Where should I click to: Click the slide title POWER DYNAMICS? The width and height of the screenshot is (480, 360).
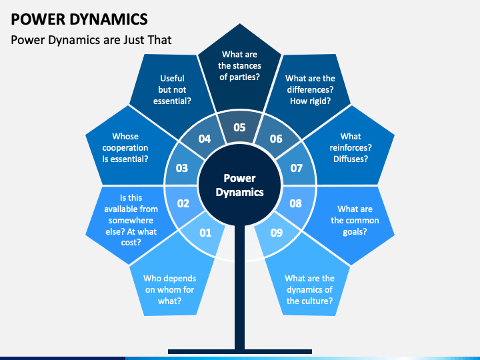coord(79,19)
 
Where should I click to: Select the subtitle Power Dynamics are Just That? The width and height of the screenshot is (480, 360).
coord(91,40)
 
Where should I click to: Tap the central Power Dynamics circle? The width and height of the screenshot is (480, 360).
coord(240,185)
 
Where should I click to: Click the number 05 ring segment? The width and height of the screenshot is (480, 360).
coord(240,126)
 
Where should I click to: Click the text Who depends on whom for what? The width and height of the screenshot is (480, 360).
coord(169,289)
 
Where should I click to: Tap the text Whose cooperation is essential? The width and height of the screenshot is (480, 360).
coord(125,147)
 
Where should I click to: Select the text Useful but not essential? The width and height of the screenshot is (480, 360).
coord(172,89)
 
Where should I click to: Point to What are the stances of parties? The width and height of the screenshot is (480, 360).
coord(240,65)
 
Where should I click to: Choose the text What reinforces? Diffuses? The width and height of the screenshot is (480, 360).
coord(351,147)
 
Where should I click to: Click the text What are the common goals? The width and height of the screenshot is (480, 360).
coord(355,220)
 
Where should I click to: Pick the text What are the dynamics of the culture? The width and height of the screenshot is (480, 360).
coord(309,289)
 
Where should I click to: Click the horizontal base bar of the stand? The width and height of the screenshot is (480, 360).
coord(240,351)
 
